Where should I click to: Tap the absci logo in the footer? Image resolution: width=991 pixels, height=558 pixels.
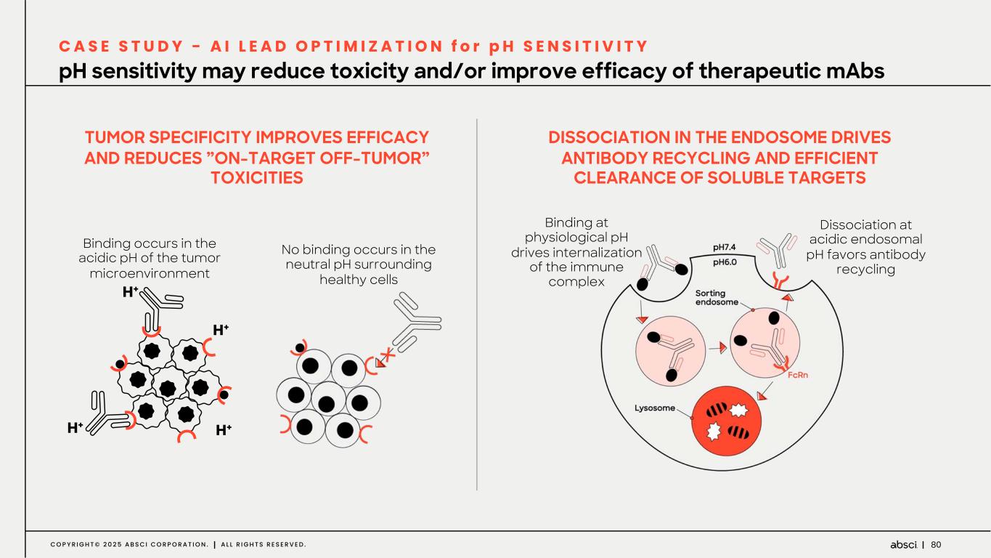point(904,544)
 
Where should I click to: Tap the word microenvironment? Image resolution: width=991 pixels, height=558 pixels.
point(150,273)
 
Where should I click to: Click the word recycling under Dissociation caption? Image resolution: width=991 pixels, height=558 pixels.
point(865,270)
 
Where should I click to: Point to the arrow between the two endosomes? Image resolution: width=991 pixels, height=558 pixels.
point(718,347)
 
